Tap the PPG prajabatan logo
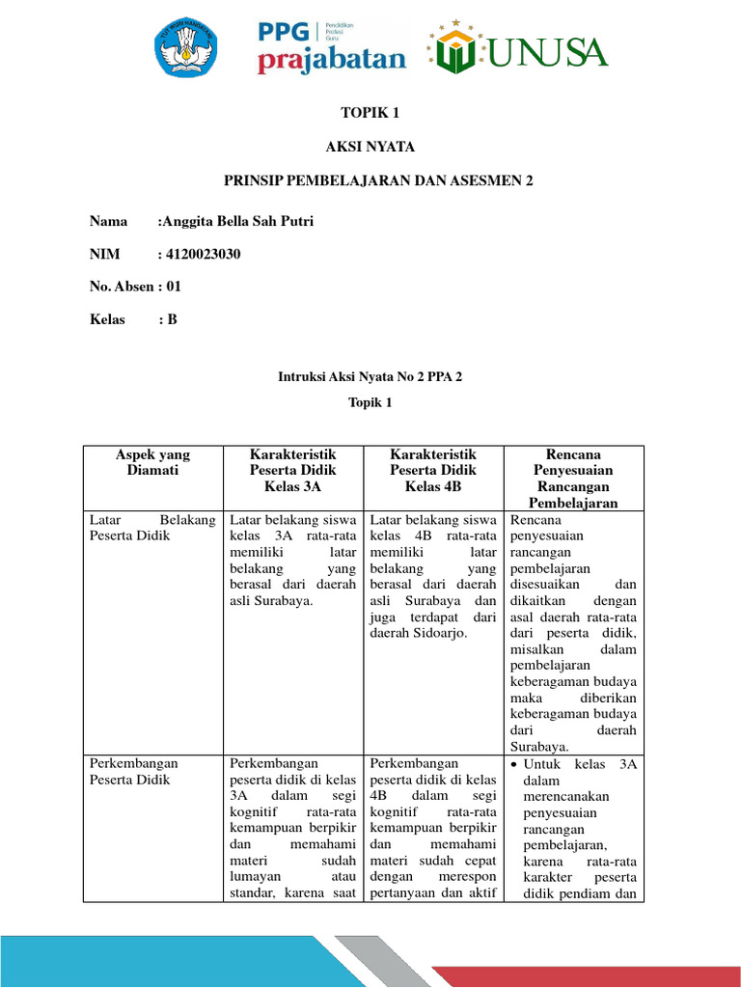pyautogui.click(x=331, y=47)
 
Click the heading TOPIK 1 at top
pyautogui.click(x=370, y=113)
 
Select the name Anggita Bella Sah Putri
pyautogui.click(x=237, y=221)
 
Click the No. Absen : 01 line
pyautogui.click(x=135, y=286)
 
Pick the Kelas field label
pyautogui.click(x=107, y=319)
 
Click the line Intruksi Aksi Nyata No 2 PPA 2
pyautogui.click(x=370, y=377)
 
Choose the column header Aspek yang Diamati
pyautogui.click(x=152, y=462)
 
